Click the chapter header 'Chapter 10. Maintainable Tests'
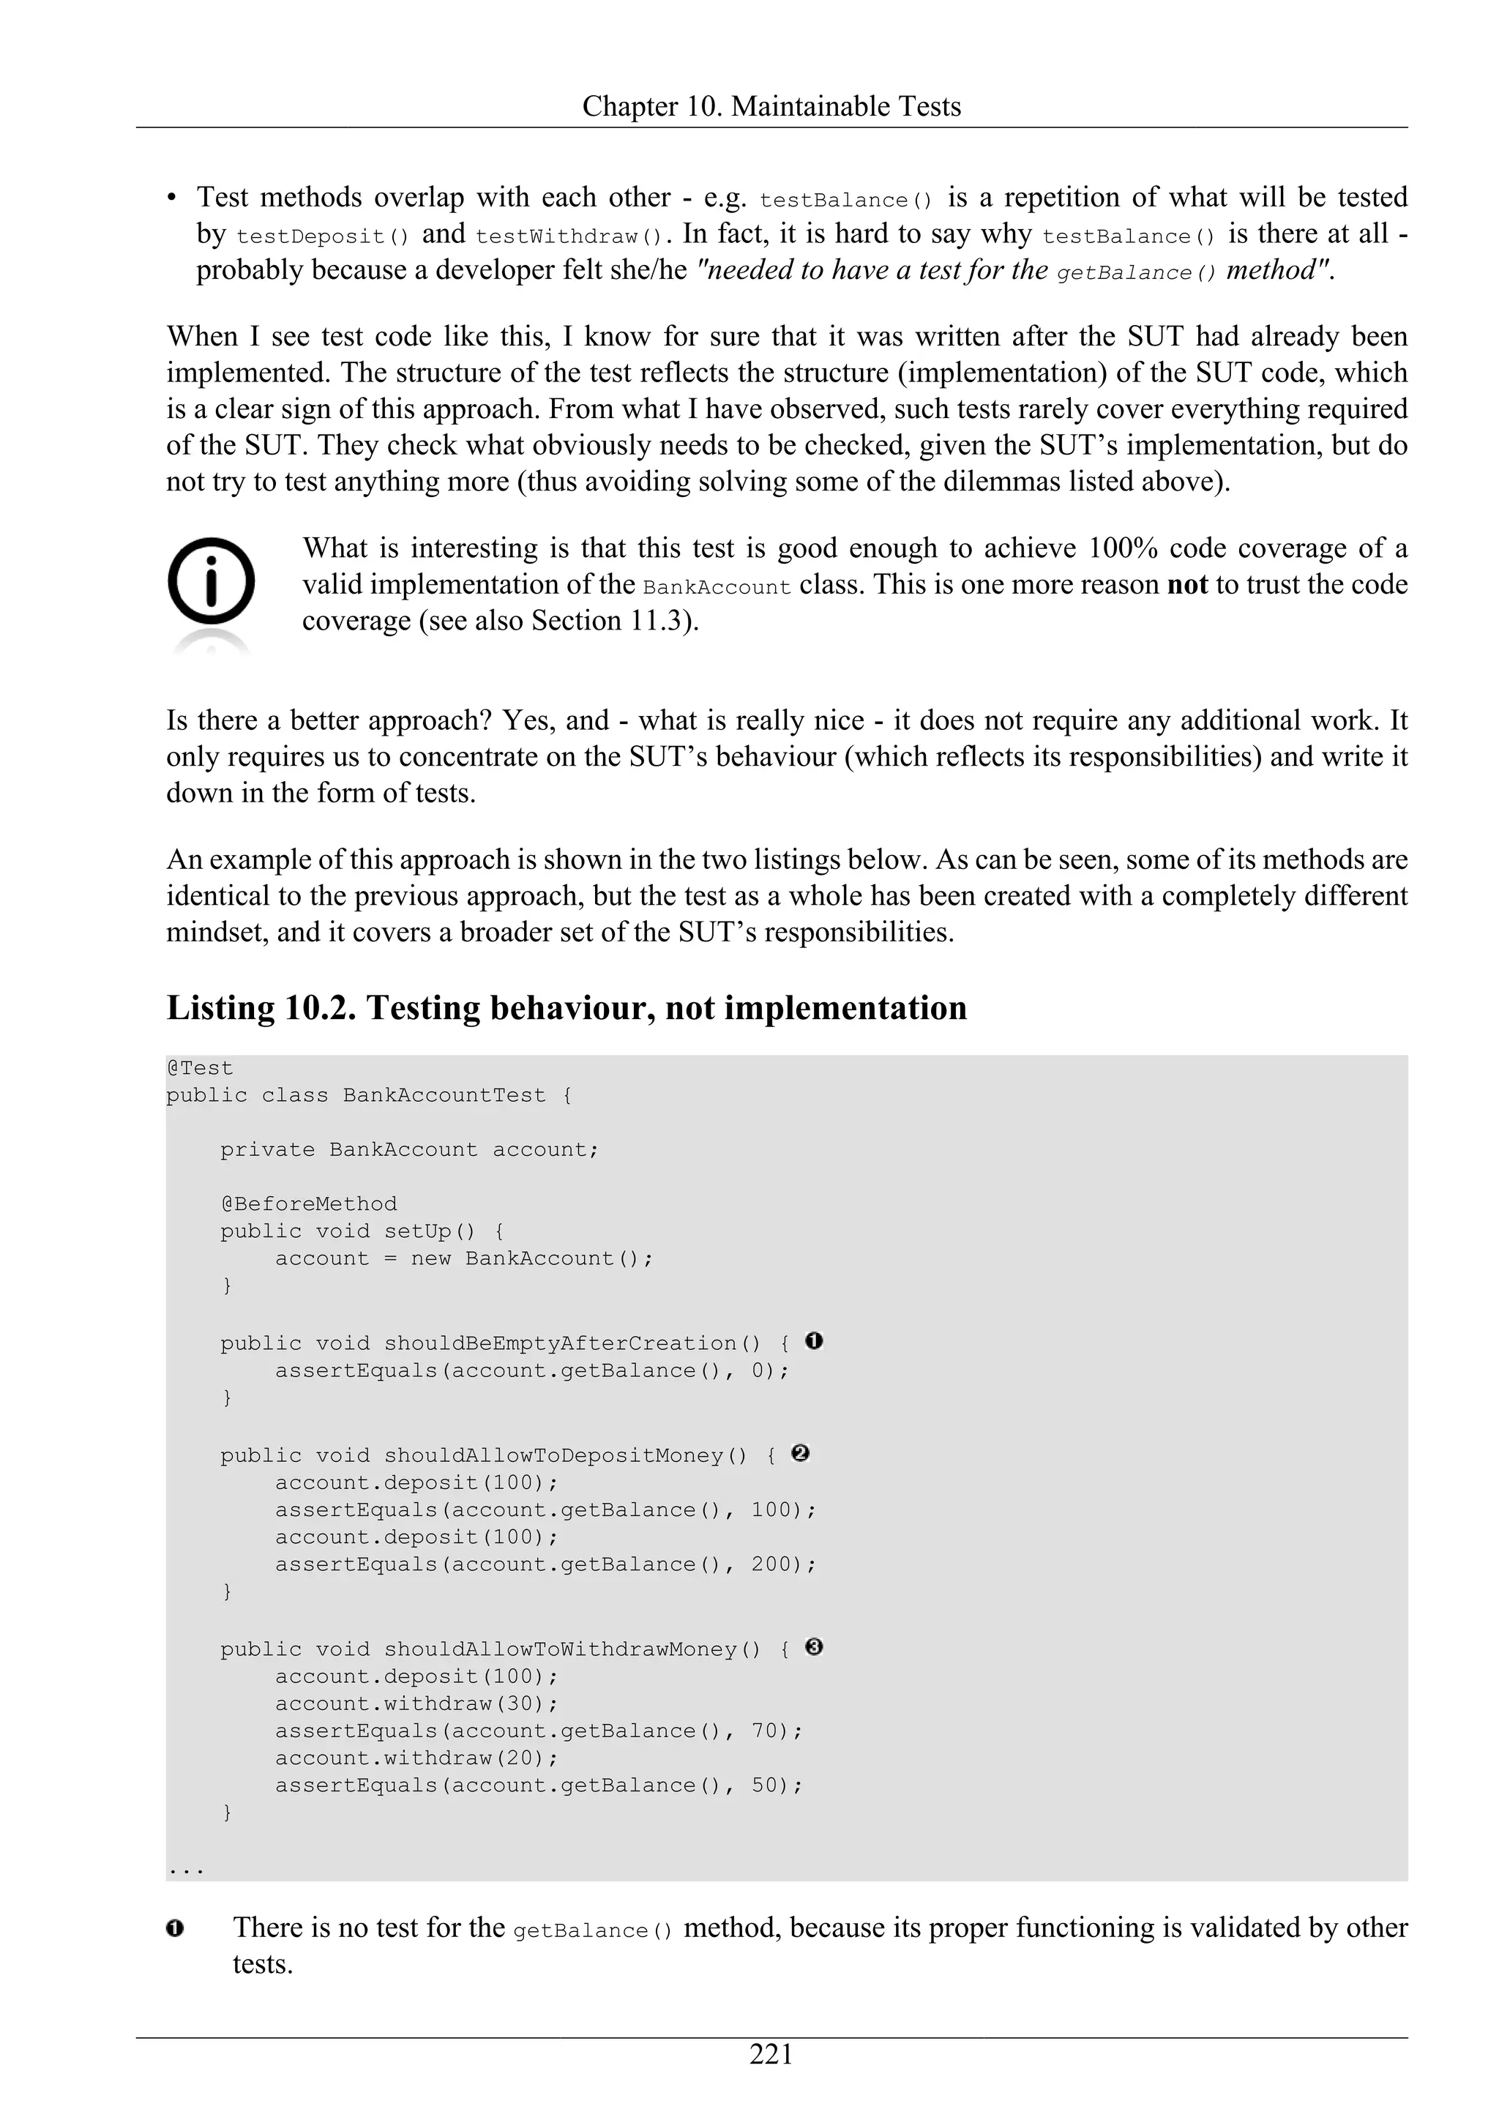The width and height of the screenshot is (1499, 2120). pos(771,106)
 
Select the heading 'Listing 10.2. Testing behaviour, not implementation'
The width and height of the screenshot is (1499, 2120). pos(566,1007)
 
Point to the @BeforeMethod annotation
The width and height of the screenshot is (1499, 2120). pos(308,1204)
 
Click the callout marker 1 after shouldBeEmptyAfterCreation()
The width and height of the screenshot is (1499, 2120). pos(813,1340)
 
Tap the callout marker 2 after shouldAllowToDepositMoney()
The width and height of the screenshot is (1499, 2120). pos(800,1453)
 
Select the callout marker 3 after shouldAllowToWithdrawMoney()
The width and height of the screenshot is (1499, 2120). pos(813,1647)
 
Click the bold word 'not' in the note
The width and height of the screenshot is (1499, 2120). pos(1187,584)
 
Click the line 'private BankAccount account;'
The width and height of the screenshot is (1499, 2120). pos(409,1149)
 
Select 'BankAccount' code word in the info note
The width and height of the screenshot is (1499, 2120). pos(717,587)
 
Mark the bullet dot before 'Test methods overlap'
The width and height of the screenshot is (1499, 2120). pos(173,198)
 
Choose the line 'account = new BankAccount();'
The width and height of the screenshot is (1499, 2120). pos(463,1258)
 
